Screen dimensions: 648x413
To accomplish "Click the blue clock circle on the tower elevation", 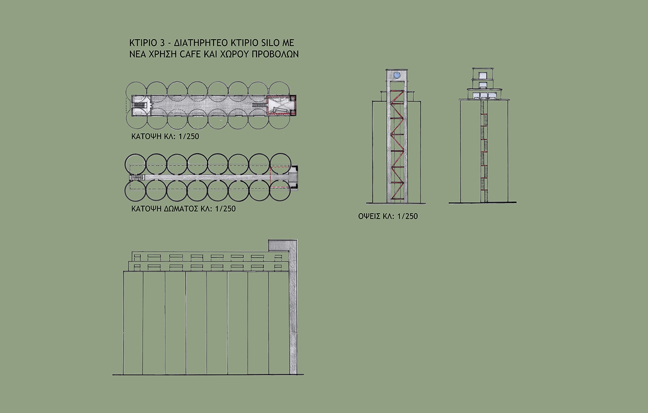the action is (396, 75).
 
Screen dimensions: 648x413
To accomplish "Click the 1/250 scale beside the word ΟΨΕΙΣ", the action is (407, 216).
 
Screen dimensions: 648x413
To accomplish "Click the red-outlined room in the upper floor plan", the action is (281, 105).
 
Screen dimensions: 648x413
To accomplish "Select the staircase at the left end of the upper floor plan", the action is (141, 105).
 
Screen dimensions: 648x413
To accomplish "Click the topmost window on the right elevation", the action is (483, 75).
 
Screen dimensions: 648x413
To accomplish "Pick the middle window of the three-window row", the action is (483, 96).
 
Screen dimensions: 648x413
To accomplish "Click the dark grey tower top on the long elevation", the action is (279, 246).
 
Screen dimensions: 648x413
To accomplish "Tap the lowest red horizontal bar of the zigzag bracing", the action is (397, 198).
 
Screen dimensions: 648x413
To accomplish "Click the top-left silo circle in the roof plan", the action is (135, 164).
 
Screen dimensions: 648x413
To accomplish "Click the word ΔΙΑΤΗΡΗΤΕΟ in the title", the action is (201, 43).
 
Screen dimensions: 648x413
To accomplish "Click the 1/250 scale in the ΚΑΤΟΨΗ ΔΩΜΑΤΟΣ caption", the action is (225, 209).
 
